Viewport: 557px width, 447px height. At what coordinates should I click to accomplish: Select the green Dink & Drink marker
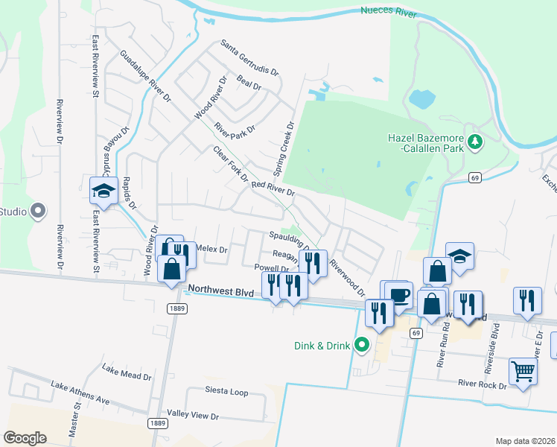click(x=363, y=344)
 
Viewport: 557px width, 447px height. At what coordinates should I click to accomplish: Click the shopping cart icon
click(x=523, y=370)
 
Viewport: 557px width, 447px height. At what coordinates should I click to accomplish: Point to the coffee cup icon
click(x=399, y=294)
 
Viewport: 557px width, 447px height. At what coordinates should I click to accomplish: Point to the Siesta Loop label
click(x=226, y=391)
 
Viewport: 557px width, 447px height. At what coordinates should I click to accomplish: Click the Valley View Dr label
click(x=193, y=415)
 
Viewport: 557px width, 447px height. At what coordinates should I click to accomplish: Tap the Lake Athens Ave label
click(x=80, y=393)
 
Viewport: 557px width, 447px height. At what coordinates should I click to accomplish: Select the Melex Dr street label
click(x=212, y=249)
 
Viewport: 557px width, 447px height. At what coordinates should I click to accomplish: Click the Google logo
click(x=24, y=438)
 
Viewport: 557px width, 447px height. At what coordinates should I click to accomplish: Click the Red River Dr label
click(x=273, y=188)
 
